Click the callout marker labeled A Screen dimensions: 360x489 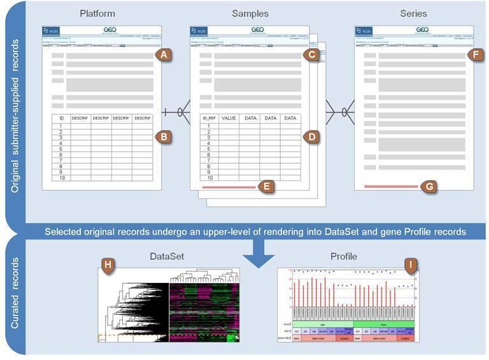point(164,55)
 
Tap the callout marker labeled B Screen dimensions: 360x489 point(164,136)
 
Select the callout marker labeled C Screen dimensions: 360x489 point(311,55)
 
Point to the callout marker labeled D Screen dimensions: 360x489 point(311,136)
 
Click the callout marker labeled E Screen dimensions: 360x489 point(268,187)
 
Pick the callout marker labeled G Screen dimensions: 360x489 point(429,187)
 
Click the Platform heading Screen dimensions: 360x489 point(97,13)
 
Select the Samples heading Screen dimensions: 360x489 point(251,13)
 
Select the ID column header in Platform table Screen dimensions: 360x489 point(61,118)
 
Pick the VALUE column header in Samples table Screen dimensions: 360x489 point(229,118)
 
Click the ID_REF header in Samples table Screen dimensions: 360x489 point(208,118)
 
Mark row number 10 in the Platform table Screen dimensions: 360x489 point(61,178)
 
